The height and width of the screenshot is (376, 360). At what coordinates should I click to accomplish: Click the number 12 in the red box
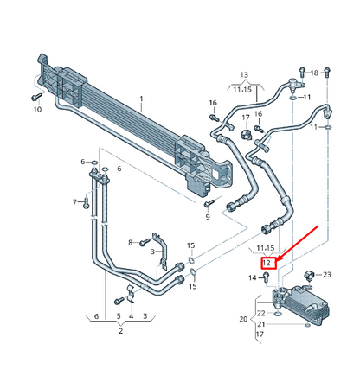tap(267, 263)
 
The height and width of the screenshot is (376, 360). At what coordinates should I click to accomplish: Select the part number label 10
tap(37, 110)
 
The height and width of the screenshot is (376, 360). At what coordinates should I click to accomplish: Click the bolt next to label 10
tap(37, 97)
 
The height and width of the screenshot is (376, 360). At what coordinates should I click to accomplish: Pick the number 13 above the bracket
tap(243, 75)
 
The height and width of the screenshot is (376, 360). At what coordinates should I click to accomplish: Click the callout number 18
tap(314, 72)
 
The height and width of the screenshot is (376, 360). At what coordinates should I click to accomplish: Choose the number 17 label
tap(245, 118)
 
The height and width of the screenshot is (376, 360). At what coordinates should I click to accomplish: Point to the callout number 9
tap(208, 216)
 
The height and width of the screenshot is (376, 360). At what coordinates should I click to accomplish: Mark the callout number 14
tap(254, 277)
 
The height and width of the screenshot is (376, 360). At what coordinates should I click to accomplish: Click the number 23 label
tap(327, 274)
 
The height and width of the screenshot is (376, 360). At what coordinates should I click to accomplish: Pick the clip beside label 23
tap(310, 276)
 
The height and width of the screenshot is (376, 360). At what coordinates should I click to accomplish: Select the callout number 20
tap(243, 319)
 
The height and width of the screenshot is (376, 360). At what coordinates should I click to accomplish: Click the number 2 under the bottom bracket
tap(121, 331)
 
